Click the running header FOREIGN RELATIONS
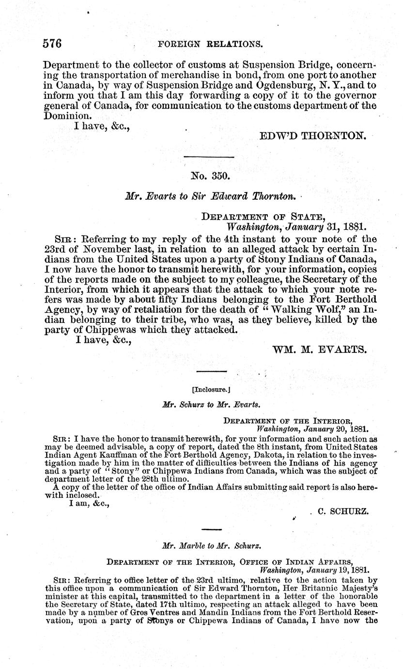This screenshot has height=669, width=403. tap(210, 44)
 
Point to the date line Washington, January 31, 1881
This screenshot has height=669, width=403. tap(296, 226)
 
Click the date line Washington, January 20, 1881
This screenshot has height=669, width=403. tap(312, 429)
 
